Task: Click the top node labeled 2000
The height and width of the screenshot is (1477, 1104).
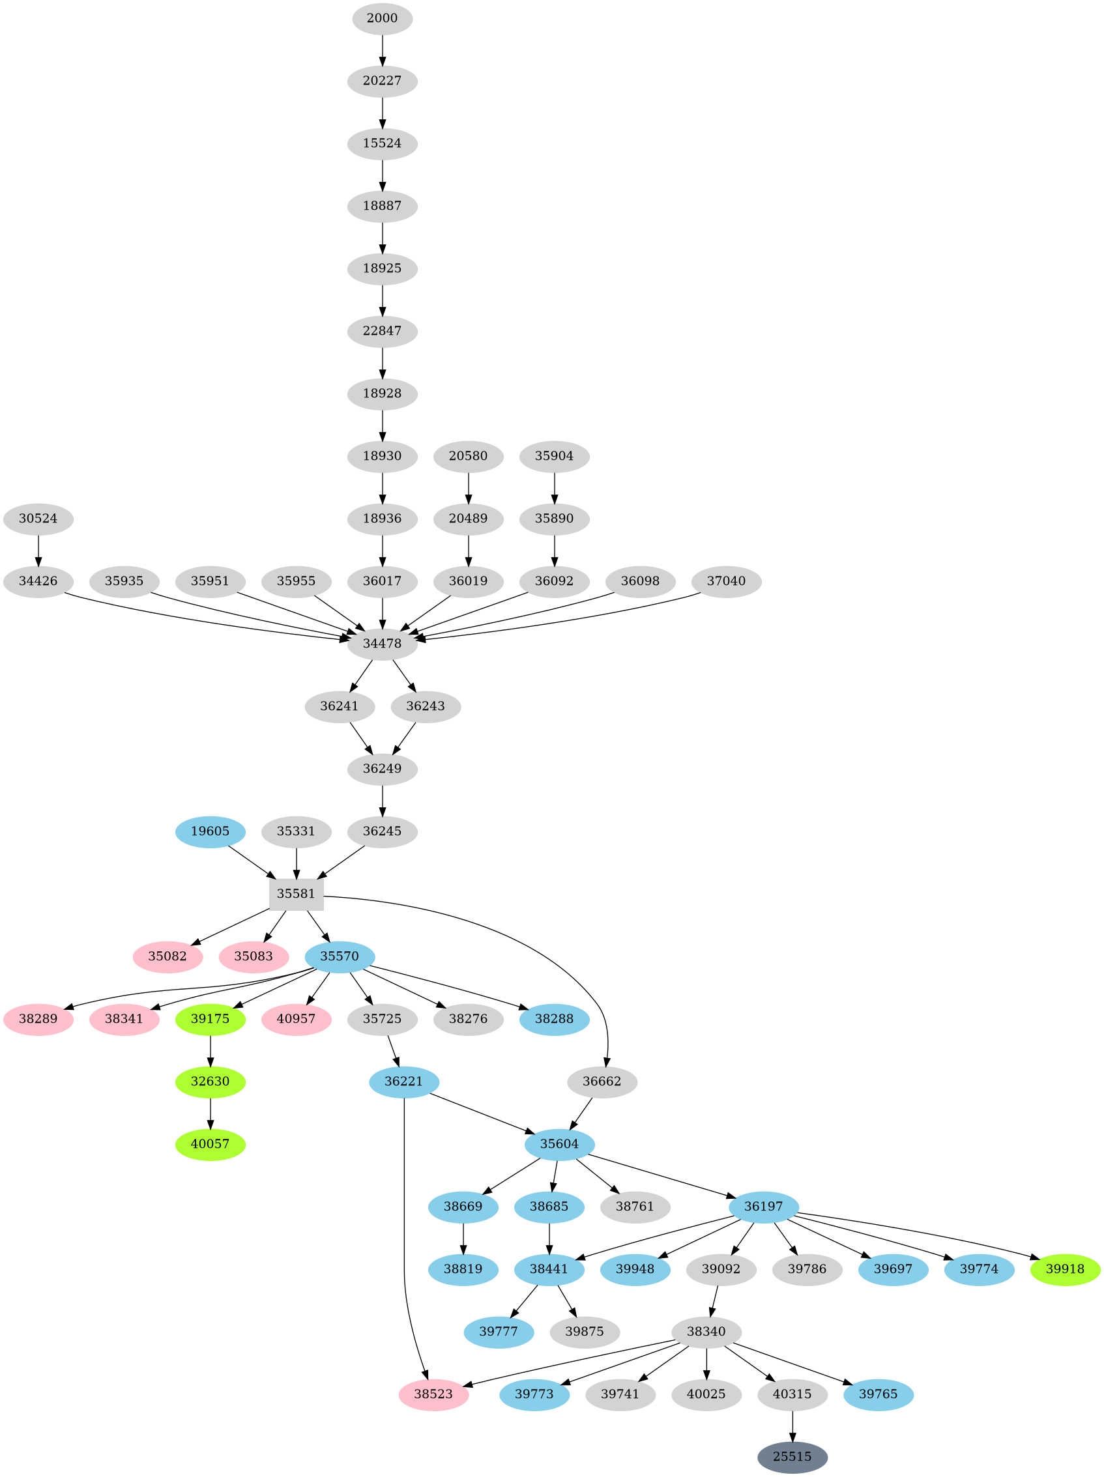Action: [x=382, y=18]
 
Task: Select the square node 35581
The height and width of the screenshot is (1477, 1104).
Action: [x=296, y=893]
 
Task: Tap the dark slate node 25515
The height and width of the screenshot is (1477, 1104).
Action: [x=791, y=1456]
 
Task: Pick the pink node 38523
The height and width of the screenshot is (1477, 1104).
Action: [x=433, y=1394]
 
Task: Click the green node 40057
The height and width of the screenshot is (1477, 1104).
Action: [x=211, y=1144]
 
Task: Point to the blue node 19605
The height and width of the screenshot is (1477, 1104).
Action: [x=211, y=831]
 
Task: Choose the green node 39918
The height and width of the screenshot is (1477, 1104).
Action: [x=1065, y=1269]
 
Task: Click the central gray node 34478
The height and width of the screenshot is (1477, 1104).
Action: [x=382, y=644]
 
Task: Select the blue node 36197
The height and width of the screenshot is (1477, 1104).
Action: [x=763, y=1206]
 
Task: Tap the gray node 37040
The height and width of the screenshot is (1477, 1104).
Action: [x=726, y=581]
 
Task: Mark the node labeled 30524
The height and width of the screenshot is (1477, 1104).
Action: [x=38, y=518]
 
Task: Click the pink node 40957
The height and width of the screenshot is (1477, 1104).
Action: [x=296, y=1019]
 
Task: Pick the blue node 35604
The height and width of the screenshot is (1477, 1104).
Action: [x=559, y=1144]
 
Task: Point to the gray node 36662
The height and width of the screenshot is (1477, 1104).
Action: [x=602, y=1081]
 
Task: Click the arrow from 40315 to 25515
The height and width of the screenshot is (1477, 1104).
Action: [x=791, y=1425]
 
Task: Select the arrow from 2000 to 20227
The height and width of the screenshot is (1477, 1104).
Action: [x=382, y=50]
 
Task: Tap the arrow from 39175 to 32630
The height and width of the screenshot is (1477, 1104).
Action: [x=211, y=1050]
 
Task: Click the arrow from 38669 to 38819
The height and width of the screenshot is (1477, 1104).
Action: [x=463, y=1237]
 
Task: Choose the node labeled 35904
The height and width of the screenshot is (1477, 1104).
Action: [x=555, y=456]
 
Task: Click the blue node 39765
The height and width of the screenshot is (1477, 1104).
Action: [x=878, y=1394]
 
